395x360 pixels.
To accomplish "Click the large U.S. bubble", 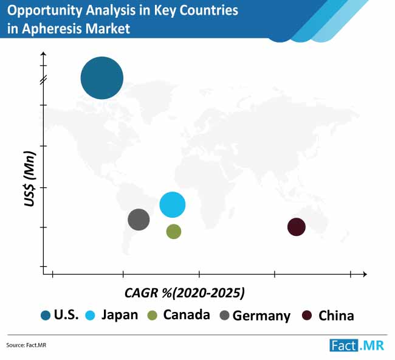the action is coord(101,78).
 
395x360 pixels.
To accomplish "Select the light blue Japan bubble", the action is coord(173,205).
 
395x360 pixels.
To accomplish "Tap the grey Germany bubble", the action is coord(139,220).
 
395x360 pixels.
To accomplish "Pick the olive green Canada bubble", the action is coord(174,232).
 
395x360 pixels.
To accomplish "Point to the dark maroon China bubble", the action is coord(297,227).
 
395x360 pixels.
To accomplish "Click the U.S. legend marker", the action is coord(46,316).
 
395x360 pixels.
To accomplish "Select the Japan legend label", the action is coord(120,315).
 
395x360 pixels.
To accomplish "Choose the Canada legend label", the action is coord(187,315).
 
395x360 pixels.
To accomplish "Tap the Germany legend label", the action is coord(261,316).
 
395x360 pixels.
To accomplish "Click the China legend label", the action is coord(336,316).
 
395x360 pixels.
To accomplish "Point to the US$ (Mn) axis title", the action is coord(30,179).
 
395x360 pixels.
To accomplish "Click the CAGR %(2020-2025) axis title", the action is coord(185,293).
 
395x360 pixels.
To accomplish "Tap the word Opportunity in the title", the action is coord(44,10).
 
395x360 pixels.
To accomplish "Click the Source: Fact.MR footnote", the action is coord(26,345).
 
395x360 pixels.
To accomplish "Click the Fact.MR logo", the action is coord(357,345).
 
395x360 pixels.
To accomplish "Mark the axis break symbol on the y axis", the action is coord(44,80).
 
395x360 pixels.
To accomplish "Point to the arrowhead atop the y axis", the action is coord(44,54).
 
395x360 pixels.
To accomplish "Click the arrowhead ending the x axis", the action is coord(365,274).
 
